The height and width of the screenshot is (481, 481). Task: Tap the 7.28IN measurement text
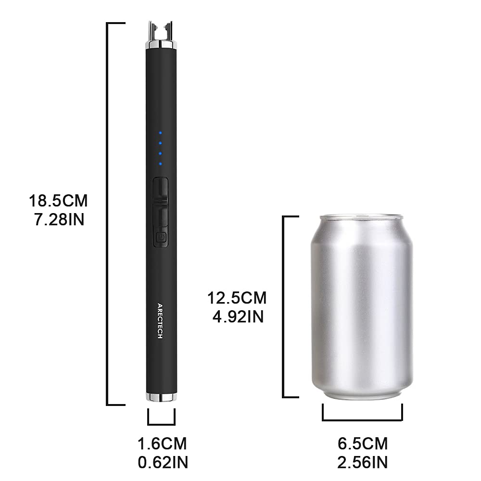click(x=58, y=220)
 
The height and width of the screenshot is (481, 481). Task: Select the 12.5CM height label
click(x=237, y=298)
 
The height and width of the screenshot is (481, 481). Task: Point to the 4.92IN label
click(x=237, y=317)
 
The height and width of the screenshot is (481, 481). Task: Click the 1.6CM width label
click(x=162, y=443)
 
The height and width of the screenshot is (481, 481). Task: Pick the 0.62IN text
click(x=162, y=462)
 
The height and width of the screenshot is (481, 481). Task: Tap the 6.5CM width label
click(x=363, y=443)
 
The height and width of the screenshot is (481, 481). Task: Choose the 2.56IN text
click(x=363, y=462)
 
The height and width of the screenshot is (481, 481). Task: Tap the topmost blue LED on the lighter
click(x=161, y=133)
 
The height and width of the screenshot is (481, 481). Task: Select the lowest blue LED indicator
click(x=161, y=164)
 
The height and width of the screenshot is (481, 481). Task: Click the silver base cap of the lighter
click(x=161, y=397)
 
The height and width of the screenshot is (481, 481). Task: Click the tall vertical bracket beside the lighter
click(x=108, y=214)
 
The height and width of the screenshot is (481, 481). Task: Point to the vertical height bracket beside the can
click(x=284, y=307)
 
